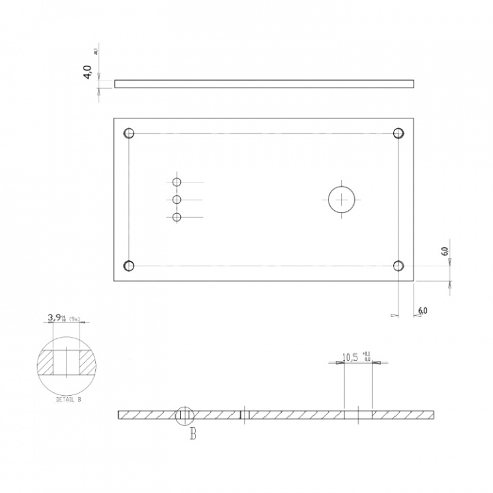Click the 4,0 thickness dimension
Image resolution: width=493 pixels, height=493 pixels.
pos(88,73)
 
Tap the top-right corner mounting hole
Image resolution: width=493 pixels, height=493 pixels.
pos(398,134)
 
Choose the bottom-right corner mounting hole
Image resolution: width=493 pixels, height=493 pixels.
pos(398,266)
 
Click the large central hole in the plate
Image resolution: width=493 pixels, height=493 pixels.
pos(341,199)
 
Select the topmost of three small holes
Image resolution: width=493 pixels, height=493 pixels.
pos(177,182)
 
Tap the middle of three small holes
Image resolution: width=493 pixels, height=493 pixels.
pos(177,200)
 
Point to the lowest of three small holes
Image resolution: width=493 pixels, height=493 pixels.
pos(177,217)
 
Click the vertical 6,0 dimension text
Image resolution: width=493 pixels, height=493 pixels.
pos(444,251)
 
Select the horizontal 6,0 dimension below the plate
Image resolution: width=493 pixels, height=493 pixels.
pos(422,311)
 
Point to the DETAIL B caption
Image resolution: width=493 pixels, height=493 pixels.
pos(68,399)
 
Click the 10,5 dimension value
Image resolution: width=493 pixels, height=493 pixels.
pos(352,357)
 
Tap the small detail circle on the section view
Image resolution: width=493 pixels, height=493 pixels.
pos(185,415)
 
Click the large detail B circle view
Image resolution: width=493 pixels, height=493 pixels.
pos(67,362)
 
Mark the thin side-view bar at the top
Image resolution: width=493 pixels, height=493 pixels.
pos(264,84)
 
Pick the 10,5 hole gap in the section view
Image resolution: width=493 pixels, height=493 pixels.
pos(358,415)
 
